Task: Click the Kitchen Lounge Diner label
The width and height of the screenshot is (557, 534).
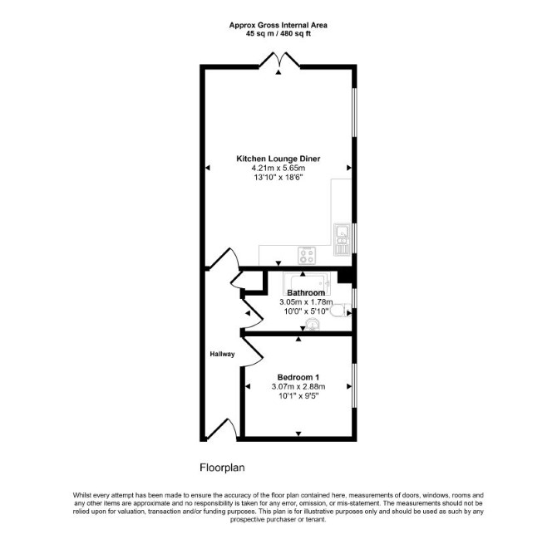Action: pyautogui.click(x=278, y=159)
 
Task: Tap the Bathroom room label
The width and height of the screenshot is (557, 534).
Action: pyautogui.click(x=306, y=293)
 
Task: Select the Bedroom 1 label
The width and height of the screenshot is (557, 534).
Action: pyautogui.click(x=298, y=377)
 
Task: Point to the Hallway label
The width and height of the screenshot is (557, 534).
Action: pyautogui.click(x=222, y=354)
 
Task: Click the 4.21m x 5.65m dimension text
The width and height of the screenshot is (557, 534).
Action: pyautogui.click(x=278, y=169)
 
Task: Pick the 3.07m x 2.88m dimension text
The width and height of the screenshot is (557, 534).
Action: pyautogui.click(x=298, y=387)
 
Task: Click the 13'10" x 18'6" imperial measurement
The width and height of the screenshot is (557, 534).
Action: pyautogui.click(x=278, y=178)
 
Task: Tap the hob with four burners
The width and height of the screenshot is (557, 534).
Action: pyautogui.click(x=307, y=256)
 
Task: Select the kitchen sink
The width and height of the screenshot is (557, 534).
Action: pyautogui.click(x=342, y=239)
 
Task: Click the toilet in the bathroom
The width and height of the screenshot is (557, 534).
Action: pyautogui.click(x=340, y=311)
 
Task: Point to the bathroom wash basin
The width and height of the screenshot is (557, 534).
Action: pyautogui.click(x=313, y=324)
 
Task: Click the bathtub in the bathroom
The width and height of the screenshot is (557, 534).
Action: pyautogui.click(x=307, y=283)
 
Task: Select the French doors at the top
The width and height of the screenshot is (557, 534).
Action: pyautogui.click(x=279, y=59)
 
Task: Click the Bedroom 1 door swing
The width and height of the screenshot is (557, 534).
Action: pyautogui.click(x=253, y=352)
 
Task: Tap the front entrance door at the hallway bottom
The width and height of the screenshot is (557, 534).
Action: pyautogui.click(x=223, y=429)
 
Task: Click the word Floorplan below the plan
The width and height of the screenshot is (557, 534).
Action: pyautogui.click(x=222, y=468)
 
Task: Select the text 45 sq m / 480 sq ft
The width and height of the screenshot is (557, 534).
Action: pyautogui.click(x=278, y=34)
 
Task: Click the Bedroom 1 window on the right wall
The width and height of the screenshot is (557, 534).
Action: pyautogui.click(x=354, y=385)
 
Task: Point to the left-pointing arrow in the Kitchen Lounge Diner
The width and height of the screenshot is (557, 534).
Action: pyautogui.click(x=208, y=168)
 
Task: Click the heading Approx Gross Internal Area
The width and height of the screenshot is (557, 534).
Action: pyautogui.click(x=278, y=25)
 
